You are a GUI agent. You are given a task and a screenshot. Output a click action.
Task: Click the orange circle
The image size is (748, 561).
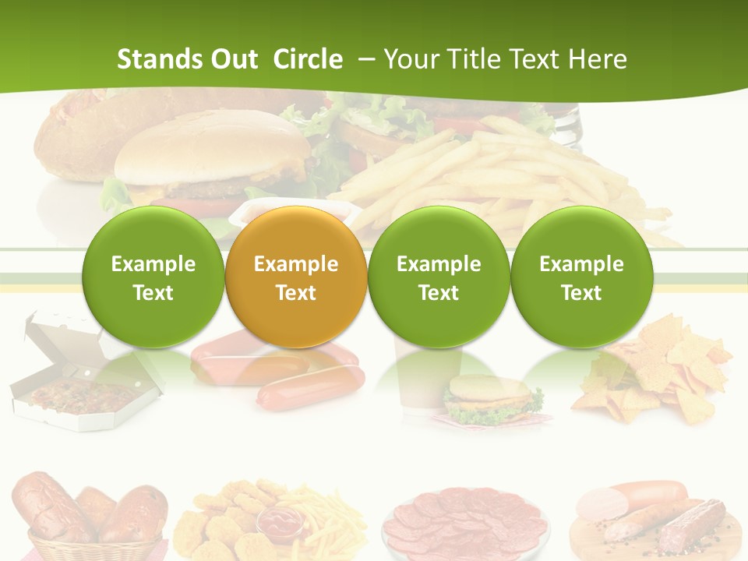[x=296, y=277]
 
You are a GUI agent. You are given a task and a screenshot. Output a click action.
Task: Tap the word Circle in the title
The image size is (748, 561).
[x=308, y=59]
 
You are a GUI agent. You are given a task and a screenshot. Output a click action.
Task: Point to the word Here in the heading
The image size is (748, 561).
[x=598, y=59]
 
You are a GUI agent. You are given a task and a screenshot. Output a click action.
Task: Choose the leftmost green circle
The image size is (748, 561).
[x=153, y=277]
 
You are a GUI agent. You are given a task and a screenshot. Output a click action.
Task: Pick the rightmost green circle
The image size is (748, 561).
[x=582, y=277]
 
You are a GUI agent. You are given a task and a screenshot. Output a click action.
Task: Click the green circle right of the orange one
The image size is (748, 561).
[x=439, y=277]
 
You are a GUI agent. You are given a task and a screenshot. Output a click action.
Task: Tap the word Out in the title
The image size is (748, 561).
[x=233, y=59]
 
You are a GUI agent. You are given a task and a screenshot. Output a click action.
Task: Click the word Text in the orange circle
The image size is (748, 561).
[x=296, y=293]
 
